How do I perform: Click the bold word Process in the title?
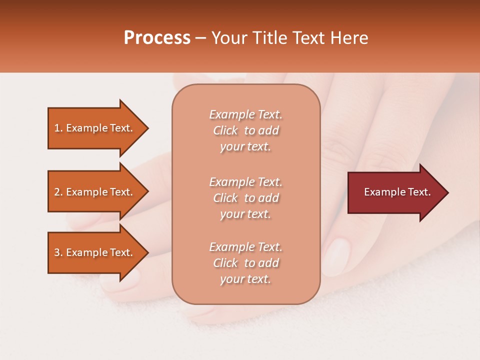(157, 38)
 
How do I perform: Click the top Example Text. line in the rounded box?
(245, 114)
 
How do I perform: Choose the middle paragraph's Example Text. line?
(245, 181)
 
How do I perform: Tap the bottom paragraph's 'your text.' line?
(245, 279)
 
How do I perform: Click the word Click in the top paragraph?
(225, 130)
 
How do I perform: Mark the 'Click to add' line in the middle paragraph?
(245, 198)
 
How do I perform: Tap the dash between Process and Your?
(200, 38)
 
